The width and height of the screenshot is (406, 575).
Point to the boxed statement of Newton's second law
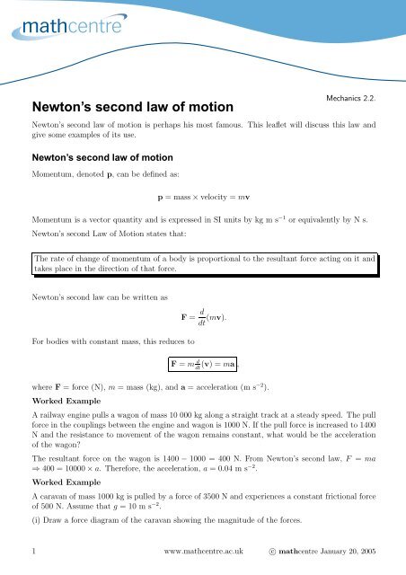click(x=203, y=262)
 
